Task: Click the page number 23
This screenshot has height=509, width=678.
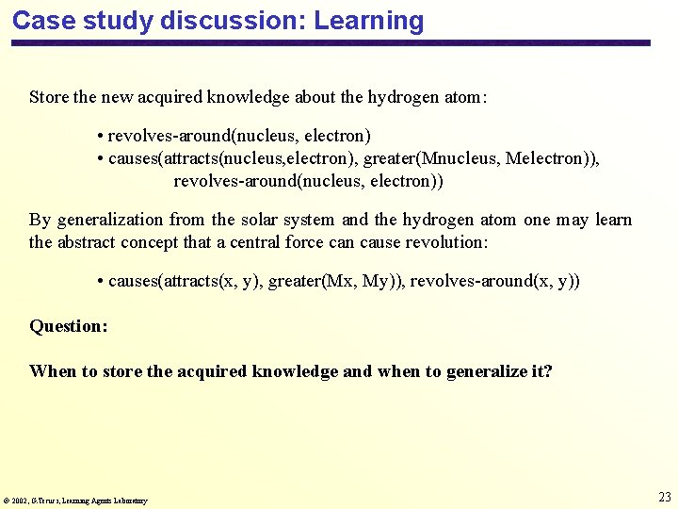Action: point(665,497)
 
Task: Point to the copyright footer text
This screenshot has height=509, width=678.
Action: point(75,501)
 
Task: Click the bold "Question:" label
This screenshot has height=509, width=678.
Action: point(69,326)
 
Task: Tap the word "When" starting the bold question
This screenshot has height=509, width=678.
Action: point(53,371)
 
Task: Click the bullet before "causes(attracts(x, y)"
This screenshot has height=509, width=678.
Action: point(100,282)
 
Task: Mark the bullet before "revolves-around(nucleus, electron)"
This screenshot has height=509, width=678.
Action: point(100,137)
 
